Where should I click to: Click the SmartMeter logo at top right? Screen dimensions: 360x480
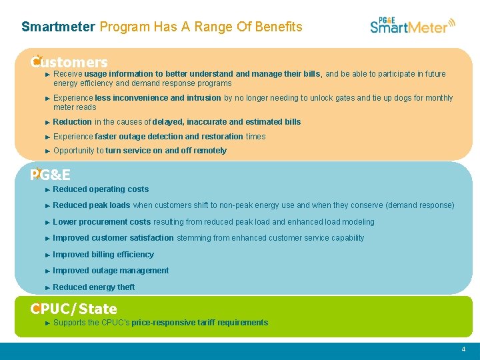tap(412, 26)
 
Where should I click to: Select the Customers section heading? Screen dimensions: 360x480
tap(69, 62)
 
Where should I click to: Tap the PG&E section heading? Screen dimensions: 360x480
tap(51, 175)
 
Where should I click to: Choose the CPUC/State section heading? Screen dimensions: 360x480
tap(74, 309)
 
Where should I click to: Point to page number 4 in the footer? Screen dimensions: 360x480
tap(463, 349)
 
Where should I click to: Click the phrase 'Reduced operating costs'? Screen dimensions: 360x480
tap(101, 189)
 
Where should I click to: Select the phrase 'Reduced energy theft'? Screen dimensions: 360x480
tap(93, 287)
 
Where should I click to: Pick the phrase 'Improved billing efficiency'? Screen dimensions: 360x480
tap(103, 255)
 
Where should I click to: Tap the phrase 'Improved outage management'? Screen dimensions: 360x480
tap(111, 271)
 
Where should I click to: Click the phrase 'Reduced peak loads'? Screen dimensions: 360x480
tap(91, 205)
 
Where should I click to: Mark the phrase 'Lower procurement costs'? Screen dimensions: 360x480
tap(102, 222)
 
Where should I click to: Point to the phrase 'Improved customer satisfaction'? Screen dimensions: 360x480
tap(113, 238)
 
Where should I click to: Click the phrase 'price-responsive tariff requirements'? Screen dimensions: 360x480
tap(200, 323)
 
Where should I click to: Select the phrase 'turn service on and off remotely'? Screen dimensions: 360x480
tap(166, 151)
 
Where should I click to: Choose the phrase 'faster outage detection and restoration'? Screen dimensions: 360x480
tap(169, 137)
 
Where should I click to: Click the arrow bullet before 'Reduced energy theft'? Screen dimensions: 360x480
tap(48, 287)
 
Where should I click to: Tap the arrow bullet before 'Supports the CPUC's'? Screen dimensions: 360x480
tap(48, 323)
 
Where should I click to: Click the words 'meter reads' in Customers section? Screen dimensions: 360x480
tap(75, 107)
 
